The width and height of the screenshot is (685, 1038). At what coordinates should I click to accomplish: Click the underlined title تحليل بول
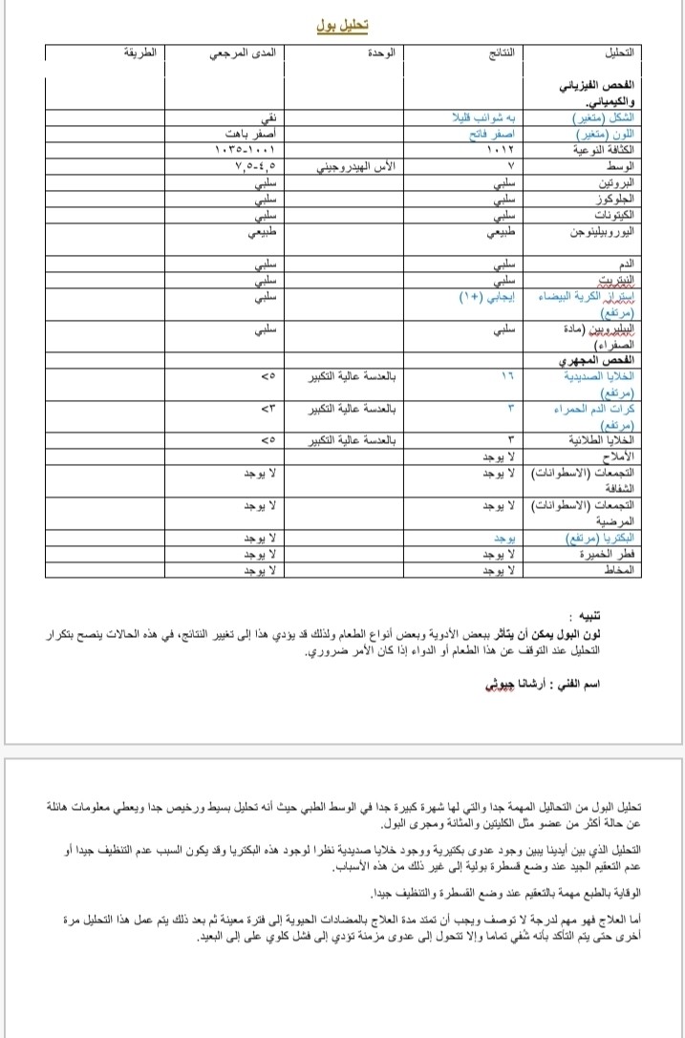tap(343, 25)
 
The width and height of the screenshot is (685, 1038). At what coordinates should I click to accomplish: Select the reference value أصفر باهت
tap(252, 134)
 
